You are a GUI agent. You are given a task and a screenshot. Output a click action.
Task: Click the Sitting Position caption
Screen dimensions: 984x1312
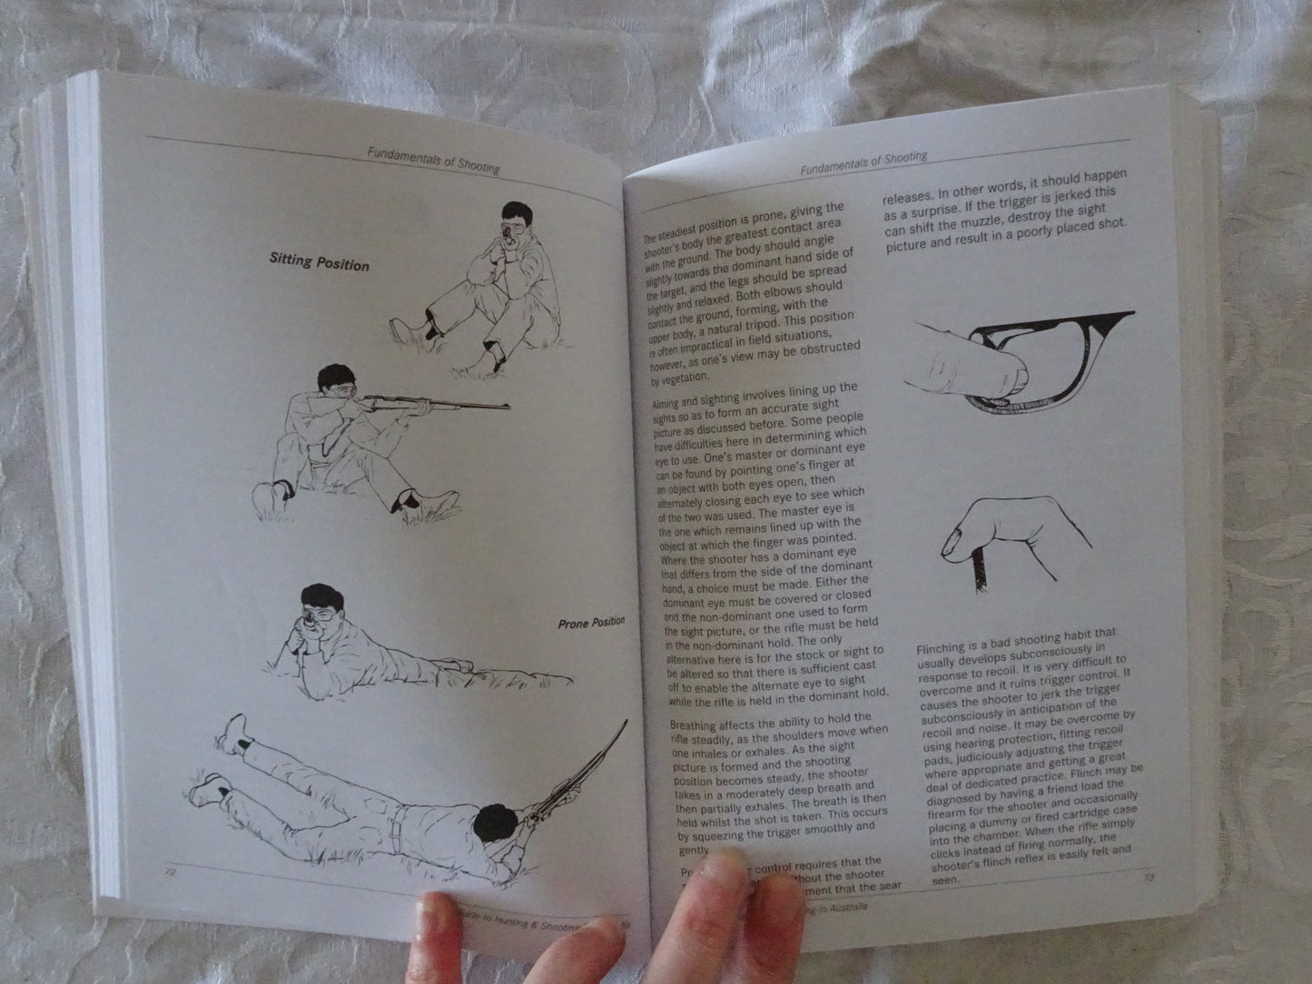tap(320, 261)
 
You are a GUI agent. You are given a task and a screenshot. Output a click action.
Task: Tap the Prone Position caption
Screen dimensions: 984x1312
tap(591, 623)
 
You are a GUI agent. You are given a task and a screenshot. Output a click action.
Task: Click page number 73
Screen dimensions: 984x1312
tap(1149, 878)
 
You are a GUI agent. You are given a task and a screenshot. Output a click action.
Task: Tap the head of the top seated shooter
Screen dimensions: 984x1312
tap(505, 223)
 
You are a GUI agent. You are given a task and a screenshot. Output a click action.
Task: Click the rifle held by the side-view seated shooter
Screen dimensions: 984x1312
tap(436, 405)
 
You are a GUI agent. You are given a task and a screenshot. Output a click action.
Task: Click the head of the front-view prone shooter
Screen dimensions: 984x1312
tap(322, 607)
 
